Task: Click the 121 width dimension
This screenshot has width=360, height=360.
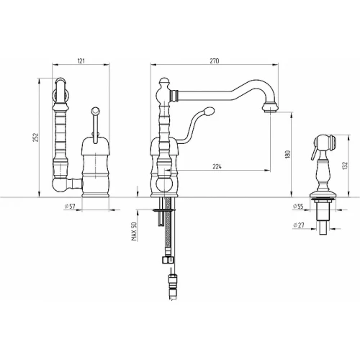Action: coord(81,61)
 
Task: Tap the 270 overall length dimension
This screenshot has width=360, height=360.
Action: coord(215,61)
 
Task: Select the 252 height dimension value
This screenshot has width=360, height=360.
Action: coord(35,138)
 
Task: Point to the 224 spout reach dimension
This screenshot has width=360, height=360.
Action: coord(217,166)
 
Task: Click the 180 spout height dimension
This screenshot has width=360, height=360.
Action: coord(288,154)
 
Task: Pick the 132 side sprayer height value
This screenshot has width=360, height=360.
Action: coord(345,166)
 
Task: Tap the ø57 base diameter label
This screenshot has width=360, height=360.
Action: coord(70,206)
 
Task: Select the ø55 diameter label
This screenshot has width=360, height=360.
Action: coord(298,206)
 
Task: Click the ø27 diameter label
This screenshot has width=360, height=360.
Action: coord(299,225)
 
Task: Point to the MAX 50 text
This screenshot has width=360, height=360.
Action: coord(134,231)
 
